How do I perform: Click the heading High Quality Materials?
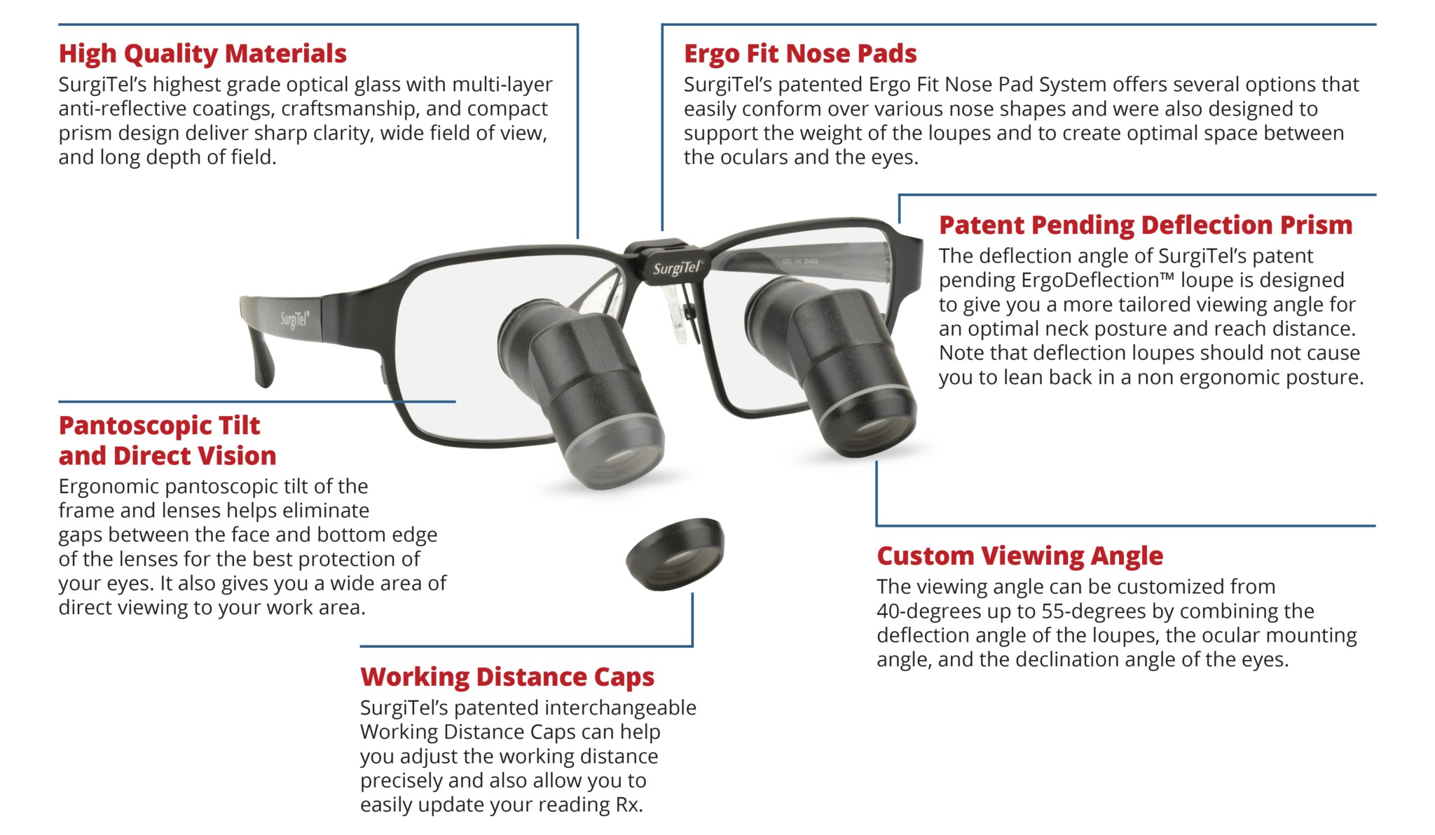pyautogui.click(x=202, y=54)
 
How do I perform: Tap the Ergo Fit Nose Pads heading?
pyautogui.click(x=800, y=54)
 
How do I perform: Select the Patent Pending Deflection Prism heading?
pyautogui.click(x=1145, y=225)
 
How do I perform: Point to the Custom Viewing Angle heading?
pyautogui.click(x=1019, y=555)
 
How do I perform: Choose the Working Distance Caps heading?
pyautogui.click(x=507, y=677)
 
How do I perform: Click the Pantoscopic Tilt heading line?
pyautogui.click(x=159, y=425)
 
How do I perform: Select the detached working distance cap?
pyautogui.click(x=675, y=554)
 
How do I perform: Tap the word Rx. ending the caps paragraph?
pyautogui.click(x=629, y=805)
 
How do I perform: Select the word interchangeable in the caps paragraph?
pyautogui.click(x=617, y=708)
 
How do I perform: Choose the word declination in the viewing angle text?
pyautogui.click(x=1111, y=660)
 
